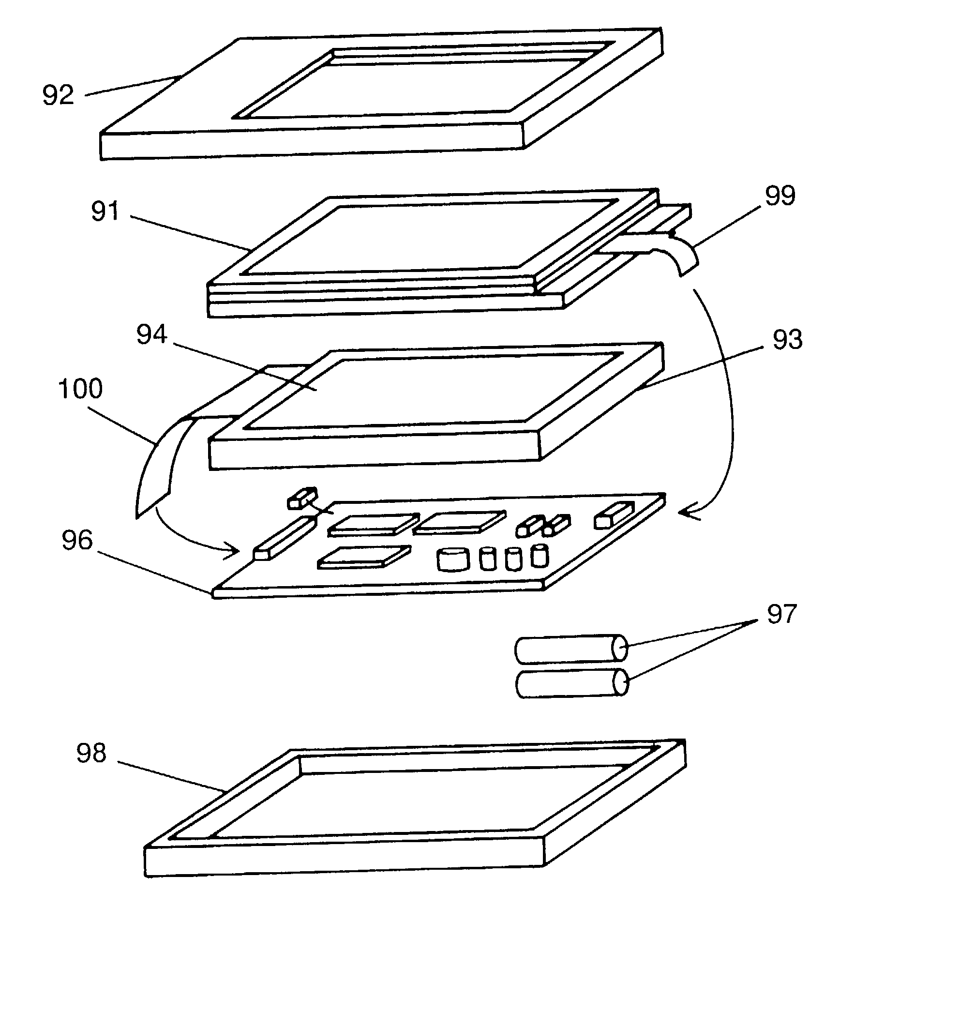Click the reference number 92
coord(58,95)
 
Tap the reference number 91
coord(105,212)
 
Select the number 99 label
coord(780,196)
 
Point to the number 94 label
coord(151,335)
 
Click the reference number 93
coord(788,340)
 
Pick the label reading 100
coord(80,389)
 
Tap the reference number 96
coord(77,541)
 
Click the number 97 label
coord(781,614)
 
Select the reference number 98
coord(91,753)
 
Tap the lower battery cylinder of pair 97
coord(571,684)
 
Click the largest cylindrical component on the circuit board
coord(453,559)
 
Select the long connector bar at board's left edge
coord(285,539)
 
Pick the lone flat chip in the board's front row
coord(364,557)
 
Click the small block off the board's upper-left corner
coord(302,498)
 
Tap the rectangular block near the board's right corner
coord(614,514)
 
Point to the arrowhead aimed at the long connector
coord(233,551)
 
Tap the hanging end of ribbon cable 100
coord(151,491)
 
